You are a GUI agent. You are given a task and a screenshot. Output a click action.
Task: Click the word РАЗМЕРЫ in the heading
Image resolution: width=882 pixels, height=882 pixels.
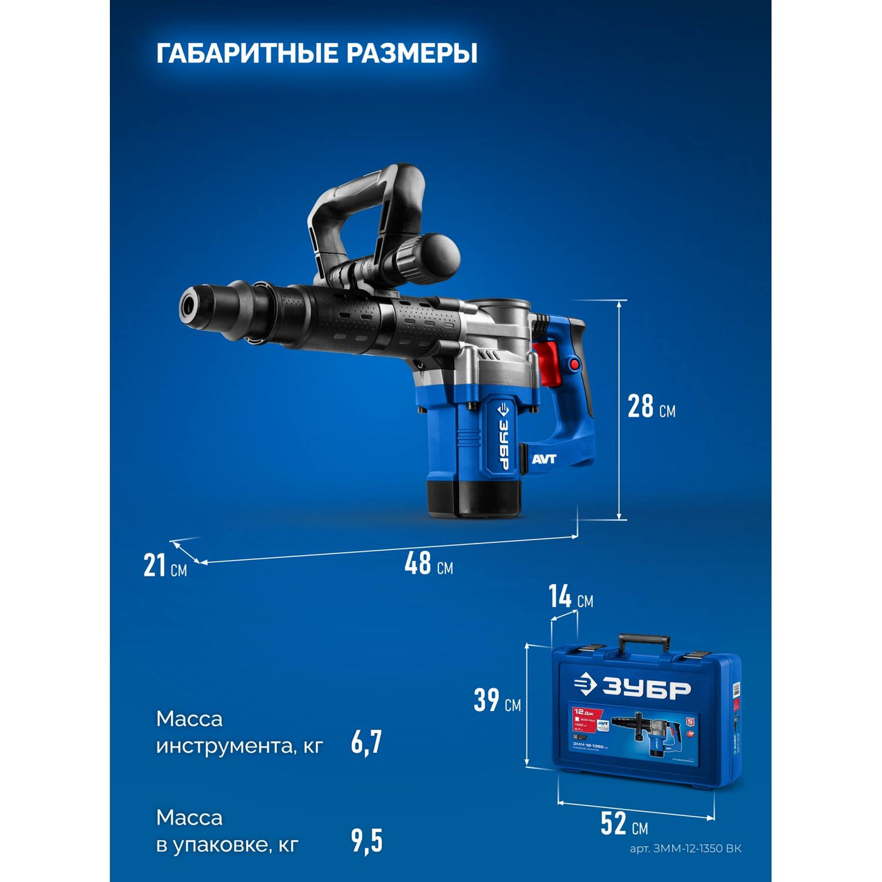[411, 53]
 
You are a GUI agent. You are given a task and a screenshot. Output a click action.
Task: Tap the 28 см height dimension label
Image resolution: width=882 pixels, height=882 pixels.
[650, 406]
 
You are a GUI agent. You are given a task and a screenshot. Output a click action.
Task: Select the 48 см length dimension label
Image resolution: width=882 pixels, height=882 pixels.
[428, 564]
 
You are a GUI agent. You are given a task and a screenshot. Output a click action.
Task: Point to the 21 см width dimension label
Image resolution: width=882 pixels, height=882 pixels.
[165, 566]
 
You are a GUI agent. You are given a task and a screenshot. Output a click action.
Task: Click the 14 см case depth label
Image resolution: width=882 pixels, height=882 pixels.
[571, 598]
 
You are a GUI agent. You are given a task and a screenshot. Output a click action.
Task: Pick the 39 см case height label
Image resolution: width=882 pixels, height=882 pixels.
[497, 700]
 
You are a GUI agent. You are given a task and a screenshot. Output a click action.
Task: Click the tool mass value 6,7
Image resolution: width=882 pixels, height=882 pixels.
[367, 742]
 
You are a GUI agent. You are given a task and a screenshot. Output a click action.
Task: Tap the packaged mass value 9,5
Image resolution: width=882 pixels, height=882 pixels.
[367, 841]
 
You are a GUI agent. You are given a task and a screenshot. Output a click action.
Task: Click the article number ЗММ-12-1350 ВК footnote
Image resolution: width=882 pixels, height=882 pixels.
[685, 849]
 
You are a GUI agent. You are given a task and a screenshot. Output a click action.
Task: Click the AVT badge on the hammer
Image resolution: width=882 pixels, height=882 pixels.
[544, 460]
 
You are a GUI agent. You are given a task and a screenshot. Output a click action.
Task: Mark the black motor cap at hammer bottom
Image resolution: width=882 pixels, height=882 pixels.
[474, 498]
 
